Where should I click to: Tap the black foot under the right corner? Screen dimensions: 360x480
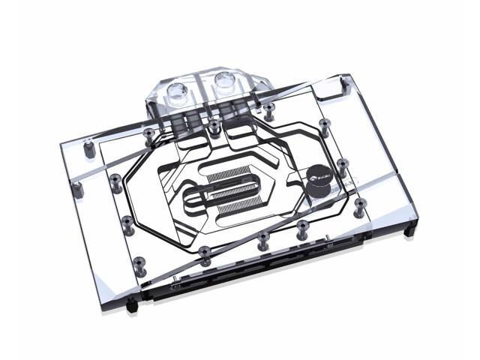point(409,231)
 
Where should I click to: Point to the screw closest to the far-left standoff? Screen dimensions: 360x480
point(115,182)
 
